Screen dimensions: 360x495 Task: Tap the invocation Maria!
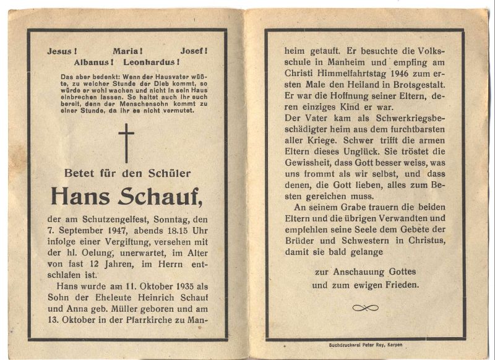tap(128, 51)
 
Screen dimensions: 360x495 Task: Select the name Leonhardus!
tap(152, 62)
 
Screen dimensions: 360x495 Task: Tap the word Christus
tap(410, 241)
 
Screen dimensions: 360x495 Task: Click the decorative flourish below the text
tap(365, 307)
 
